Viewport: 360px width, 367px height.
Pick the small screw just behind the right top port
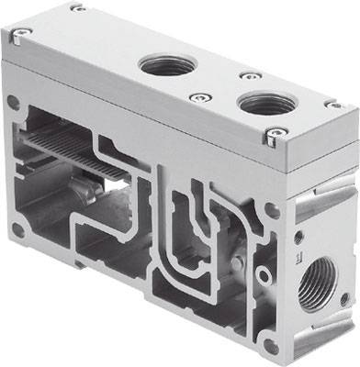(x=245, y=76)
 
